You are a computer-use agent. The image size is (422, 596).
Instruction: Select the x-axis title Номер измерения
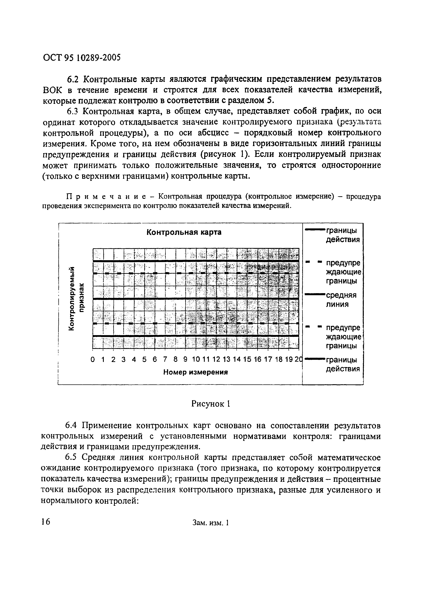point(195,372)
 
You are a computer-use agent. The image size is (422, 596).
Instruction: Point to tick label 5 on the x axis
point(144,360)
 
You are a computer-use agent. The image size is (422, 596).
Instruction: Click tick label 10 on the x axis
point(196,360)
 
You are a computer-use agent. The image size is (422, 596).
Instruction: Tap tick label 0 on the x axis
point(93,360)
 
